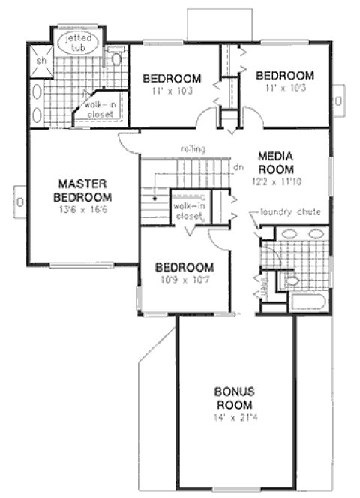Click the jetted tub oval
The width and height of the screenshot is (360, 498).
click(x=77, y=42)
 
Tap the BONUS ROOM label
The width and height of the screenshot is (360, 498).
click(x=235, y=397)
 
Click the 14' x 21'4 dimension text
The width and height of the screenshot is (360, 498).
click(x=235, y=417)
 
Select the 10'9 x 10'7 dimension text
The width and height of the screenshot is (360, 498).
click(x=184, y=280)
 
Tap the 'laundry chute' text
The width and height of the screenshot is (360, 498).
click(x=290, y=212)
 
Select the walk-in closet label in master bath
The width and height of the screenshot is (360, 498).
click(x=98, y=109)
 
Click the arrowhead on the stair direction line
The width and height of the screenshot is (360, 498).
click(x=154, y=199)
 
